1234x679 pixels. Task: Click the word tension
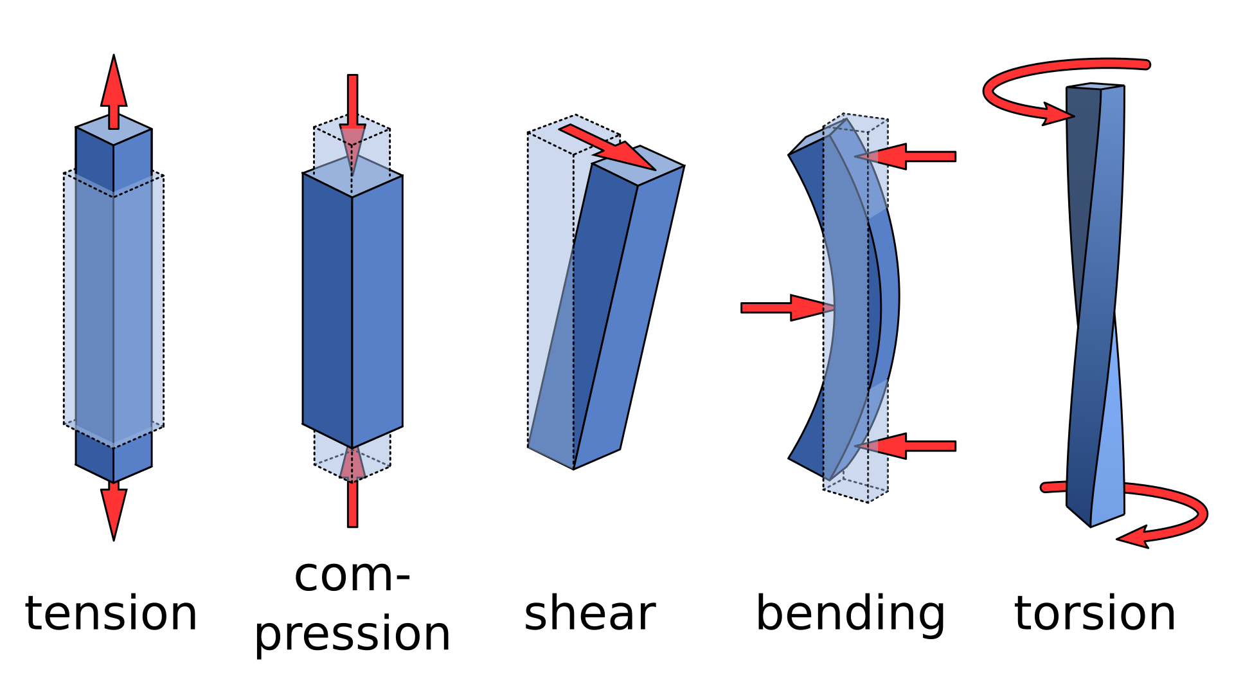111,614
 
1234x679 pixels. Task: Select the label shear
589,614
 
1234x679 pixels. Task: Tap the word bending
850,614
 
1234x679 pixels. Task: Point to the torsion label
1095,614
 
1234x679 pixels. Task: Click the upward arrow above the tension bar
114,90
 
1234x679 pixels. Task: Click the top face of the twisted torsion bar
1095,86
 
